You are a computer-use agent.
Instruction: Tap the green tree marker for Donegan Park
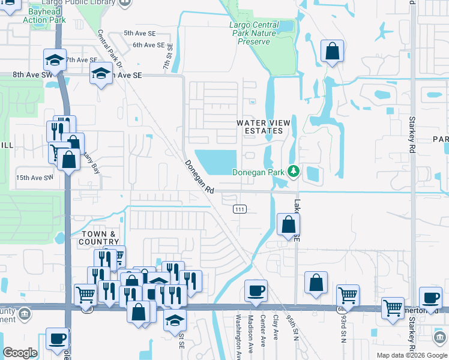[294, 172]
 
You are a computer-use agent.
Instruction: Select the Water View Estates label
[264, 127]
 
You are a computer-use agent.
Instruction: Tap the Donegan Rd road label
[199, 176]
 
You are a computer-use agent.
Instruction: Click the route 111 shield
[240, 209]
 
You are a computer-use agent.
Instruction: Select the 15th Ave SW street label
[35, 178]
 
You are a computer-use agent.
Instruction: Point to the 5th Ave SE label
[139, 34]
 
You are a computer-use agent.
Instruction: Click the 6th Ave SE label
[148, 45]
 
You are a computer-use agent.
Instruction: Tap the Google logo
[20, 353]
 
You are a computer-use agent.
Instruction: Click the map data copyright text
[411, 355]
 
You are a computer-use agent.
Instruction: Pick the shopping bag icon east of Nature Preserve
[332, 52]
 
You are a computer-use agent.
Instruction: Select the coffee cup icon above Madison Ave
[256, 291]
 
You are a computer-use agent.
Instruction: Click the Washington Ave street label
[238, 338]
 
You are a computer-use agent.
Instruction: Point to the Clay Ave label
[277, 327]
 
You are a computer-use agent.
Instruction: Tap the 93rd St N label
[344, 332]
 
